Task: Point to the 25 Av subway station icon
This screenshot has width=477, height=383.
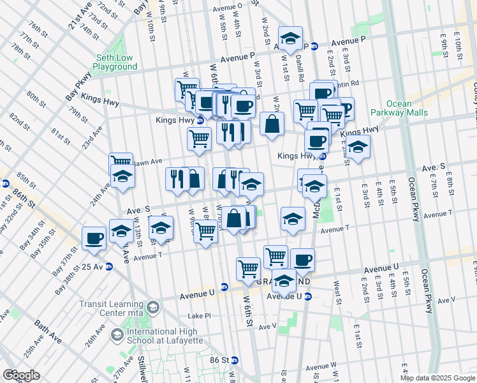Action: click(109, 267)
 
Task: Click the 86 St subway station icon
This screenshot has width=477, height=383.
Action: click(235, 360)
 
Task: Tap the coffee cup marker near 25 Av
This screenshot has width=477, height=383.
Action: click(94, 238)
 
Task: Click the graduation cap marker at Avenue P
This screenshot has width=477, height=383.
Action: click(291, 39)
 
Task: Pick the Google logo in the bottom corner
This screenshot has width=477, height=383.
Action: click(20, 375)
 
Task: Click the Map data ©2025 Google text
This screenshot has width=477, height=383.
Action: click(437, 378)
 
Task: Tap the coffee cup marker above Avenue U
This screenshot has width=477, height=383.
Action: click(302, 259)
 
